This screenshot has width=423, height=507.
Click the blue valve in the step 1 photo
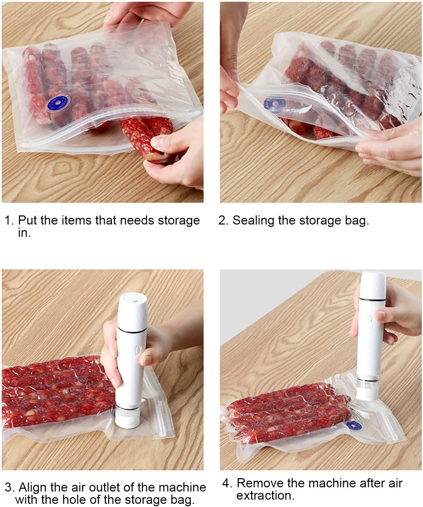[x=58, y=103]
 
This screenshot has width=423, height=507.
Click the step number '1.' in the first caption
[x=10, y=221]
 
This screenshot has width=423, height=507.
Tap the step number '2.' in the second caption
[x=223, y=221]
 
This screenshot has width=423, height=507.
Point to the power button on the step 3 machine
[x=137, y=351]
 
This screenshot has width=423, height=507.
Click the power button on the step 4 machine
[x=370, y=319]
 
